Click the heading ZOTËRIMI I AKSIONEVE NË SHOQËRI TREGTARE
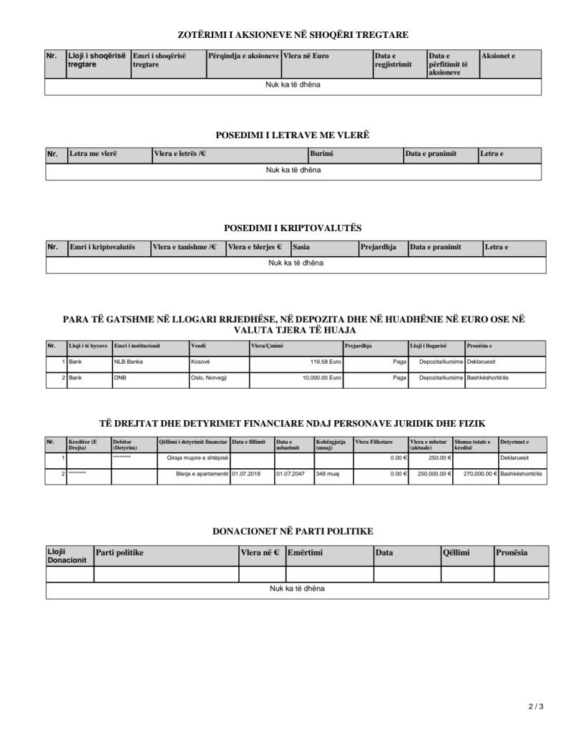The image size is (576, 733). [x=293, y=34]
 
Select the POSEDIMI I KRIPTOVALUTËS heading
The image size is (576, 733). [x=293, y=228]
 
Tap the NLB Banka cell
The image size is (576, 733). [x=129, y=362]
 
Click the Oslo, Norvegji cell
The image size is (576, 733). [x=208, y=377]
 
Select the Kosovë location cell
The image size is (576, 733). [x=200, y=362]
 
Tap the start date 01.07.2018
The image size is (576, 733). [x=246, y=474]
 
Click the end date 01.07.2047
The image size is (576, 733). [x=291, y=474]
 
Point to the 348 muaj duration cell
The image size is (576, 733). [x=328, y=474]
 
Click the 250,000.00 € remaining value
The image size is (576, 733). [x=429, y=474]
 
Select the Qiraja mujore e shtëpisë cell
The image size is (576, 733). [x=197, y=457]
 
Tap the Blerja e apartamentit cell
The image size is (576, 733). [x=202, y=474]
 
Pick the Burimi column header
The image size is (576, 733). [x=322, y=154]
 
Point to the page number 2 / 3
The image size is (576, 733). [x=536, y=707]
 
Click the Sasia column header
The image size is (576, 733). [x=301, y=247]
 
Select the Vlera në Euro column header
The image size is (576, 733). [x=306, y=55]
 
